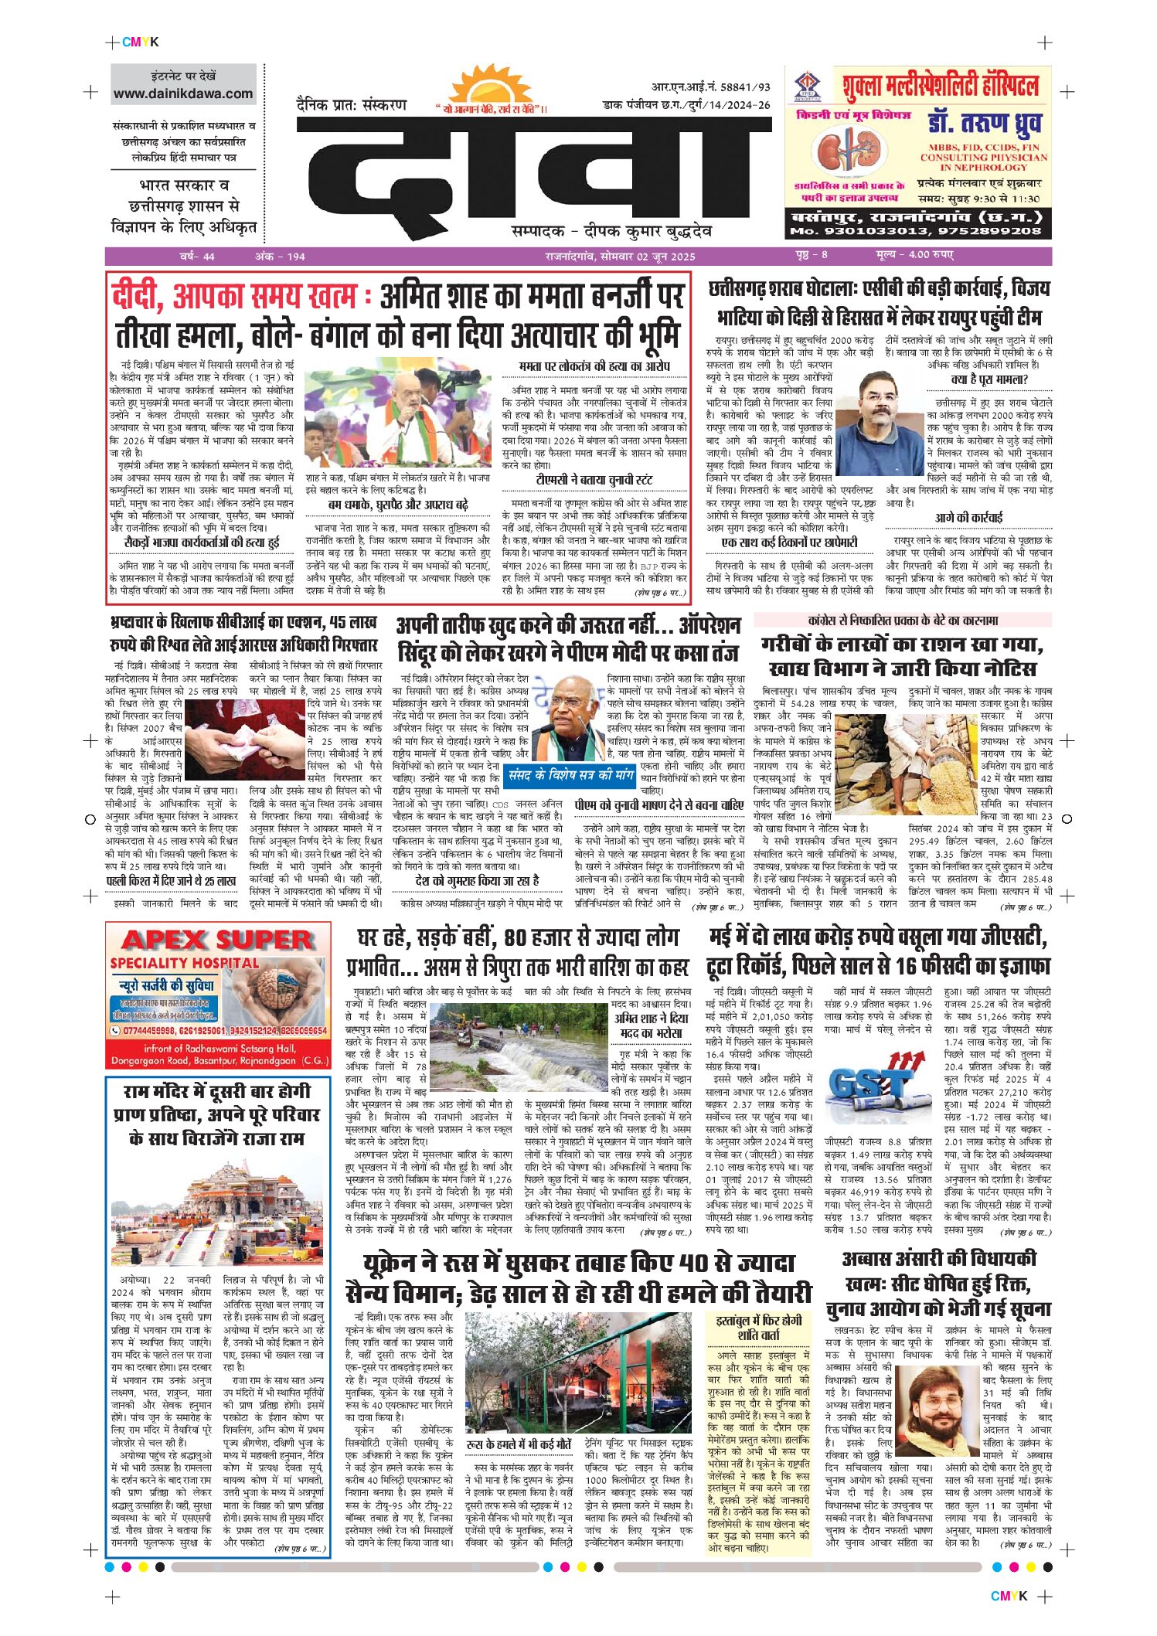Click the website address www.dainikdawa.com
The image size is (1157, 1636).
pyautogui.click(x=183, y=94)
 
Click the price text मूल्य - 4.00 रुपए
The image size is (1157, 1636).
pyautogui.click(x=914, y=255)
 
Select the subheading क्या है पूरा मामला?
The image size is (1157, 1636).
pyautogui.click(x=989, y=379)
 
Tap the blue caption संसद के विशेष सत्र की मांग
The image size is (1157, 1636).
pyautogui.click(x=570, y=775)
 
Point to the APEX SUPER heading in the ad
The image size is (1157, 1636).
pyautogui.click(x=217, y=940)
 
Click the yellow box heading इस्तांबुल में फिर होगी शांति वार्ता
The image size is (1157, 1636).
pyautogui.click(x=758, y=1327)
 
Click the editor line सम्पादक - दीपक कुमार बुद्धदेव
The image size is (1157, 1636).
pyautogui.click(x=611, y=231)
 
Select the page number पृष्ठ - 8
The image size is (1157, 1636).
pyautogui.click(x=811, y=255)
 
